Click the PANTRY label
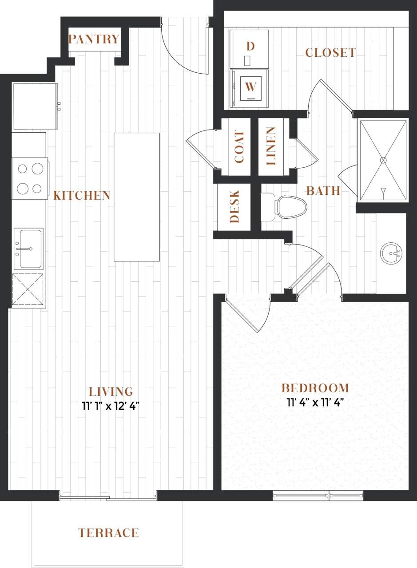pos(94,39)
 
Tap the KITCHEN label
pos(82,195)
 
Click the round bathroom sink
pos(391,253)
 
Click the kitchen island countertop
pos(136,197)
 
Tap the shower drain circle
pos(384,160)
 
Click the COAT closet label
pos(239,147)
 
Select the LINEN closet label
pos(271,146)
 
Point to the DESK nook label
pos(234,207)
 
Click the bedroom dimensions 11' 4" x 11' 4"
pos(316,403)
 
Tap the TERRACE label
pos(109,532)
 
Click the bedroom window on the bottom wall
pos(318,496)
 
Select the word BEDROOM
pos(315,388)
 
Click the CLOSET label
pos(330,53)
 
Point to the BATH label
pos(323,191)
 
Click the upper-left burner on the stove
pos(23,169)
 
